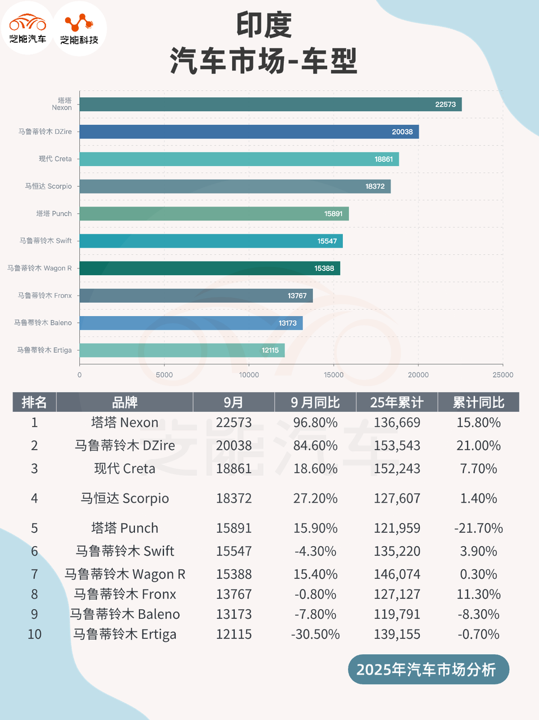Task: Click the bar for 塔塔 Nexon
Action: point(270,104)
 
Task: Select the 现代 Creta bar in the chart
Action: point(239,159)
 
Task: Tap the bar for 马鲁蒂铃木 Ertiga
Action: point(182,350)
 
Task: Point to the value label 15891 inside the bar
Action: point(333,214)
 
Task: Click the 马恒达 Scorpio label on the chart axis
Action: point(48,186)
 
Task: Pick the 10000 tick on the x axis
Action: point(249,375)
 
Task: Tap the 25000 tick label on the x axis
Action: point(502,375)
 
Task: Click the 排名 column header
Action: point(34,402)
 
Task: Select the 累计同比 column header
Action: point(478,402)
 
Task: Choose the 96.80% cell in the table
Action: point(315,422)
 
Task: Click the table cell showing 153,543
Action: point(397,445)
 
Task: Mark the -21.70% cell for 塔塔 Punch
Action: point(478,528)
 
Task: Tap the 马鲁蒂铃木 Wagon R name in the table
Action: point(125,574)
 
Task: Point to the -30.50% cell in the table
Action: point(315,634)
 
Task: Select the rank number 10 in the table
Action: point(34,634)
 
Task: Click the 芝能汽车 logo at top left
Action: point(28,28)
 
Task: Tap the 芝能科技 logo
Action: point(79,28)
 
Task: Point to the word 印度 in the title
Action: point(264,25)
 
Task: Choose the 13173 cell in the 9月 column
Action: point(234,614)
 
